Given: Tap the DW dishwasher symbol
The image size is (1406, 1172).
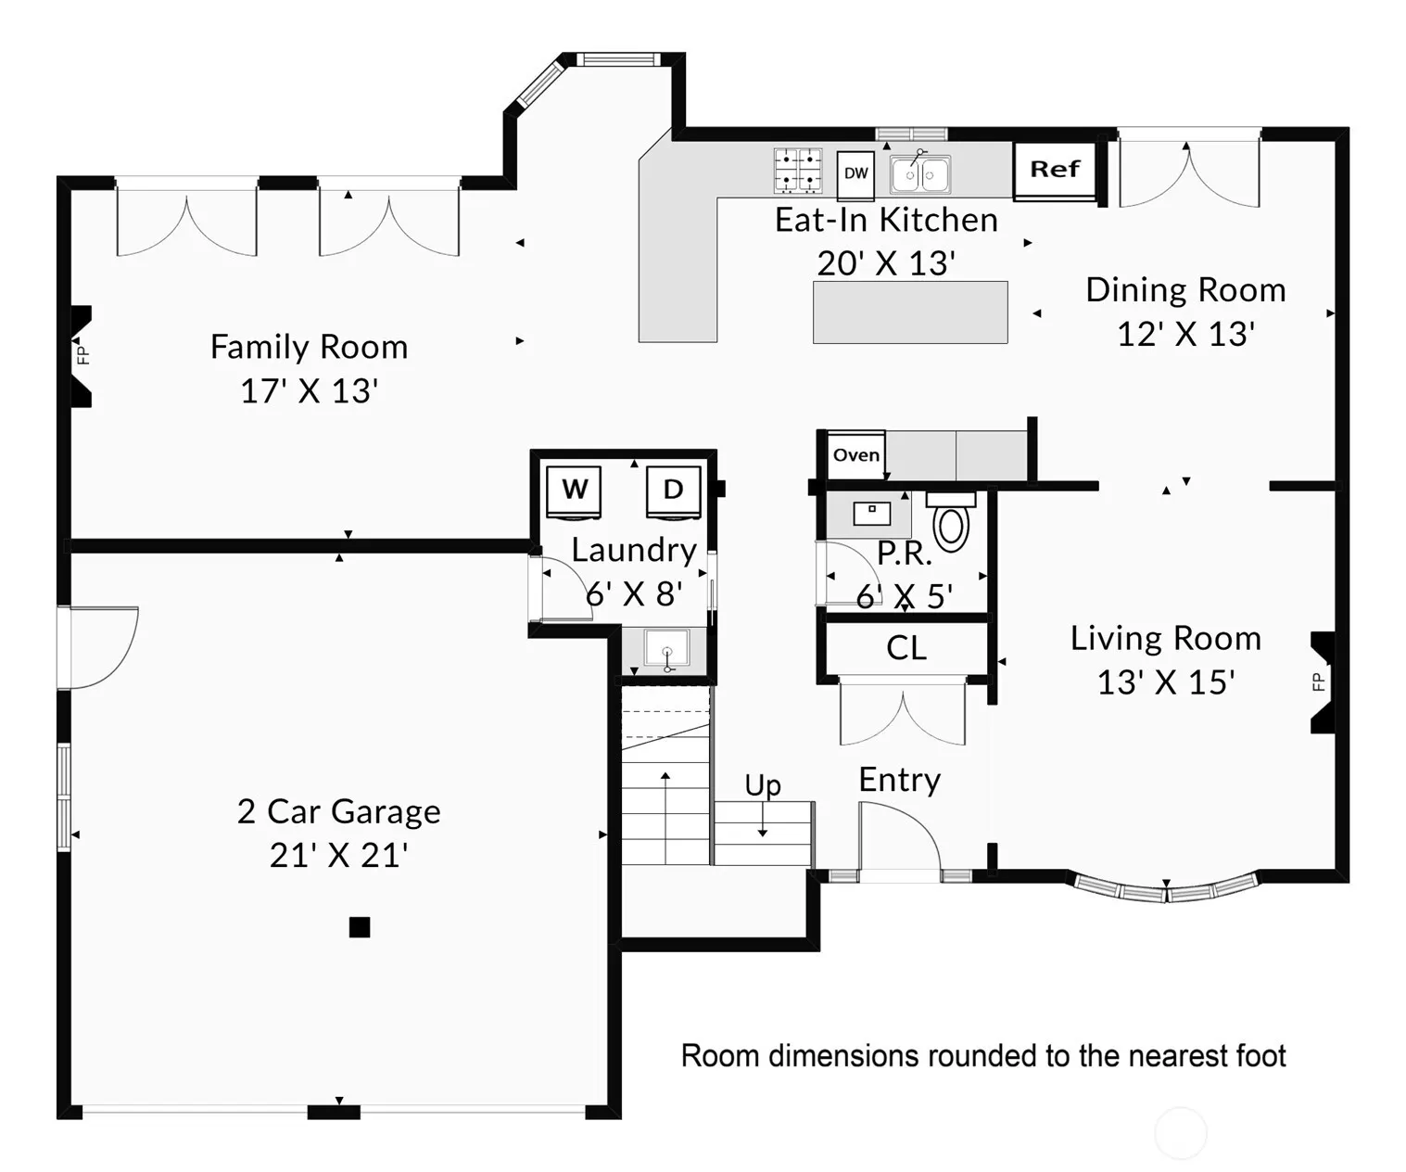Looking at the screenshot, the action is [855, 175].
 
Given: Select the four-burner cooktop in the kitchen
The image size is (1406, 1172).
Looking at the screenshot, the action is [798, 170].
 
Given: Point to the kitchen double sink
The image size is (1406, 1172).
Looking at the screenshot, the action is [919, 174].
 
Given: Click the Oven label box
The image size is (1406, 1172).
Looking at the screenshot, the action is [855, 455].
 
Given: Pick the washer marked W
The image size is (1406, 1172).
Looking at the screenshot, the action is [574, 492].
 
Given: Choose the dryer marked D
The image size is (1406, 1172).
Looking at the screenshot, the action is [674, 492].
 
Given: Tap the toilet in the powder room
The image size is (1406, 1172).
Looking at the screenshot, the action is [951, 521].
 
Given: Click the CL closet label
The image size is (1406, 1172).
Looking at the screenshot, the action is [906, 648].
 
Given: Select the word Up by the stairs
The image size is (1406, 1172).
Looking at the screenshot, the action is [763, 786].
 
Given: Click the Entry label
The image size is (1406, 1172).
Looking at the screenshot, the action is [900, 781].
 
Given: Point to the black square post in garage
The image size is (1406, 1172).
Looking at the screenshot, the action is [360, 927].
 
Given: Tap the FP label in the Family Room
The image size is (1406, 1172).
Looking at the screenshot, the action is [82, 354].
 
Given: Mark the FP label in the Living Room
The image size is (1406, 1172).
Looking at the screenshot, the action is [1319, 682].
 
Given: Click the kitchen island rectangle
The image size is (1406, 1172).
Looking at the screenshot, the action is [910, 312].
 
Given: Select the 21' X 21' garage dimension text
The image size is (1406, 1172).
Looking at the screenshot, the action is [338, 856].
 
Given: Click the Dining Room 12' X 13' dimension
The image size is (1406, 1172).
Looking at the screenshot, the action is [1185, 335].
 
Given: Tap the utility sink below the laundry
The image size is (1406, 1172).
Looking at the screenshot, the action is [666, 649].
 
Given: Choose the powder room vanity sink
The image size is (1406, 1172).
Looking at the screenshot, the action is [871, 514].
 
